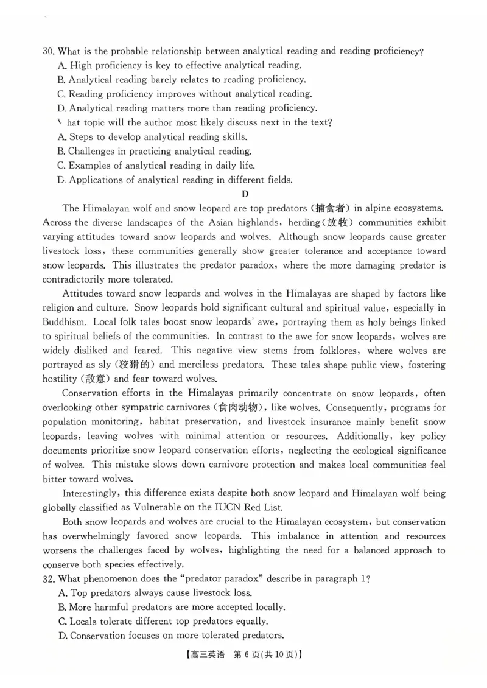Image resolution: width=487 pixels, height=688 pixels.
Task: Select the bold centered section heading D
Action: [x=245, y=194]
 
